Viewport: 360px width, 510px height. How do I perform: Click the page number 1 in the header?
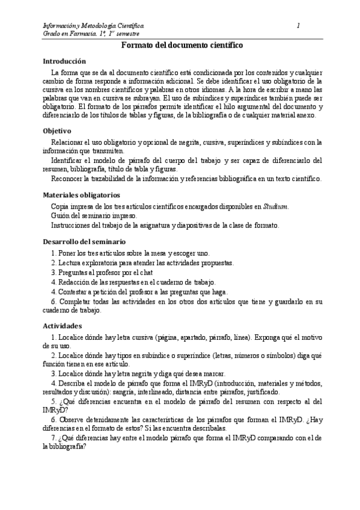(299, 25)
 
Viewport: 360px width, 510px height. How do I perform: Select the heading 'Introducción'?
(65, 61)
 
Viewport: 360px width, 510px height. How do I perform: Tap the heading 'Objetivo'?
(57, 131)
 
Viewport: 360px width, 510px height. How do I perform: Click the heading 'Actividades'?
(63, 324)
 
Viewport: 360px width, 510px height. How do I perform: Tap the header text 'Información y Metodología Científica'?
(93, 25)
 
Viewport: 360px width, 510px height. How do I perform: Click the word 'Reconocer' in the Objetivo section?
(70, 179)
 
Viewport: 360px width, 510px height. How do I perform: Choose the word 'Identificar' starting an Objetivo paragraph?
(70, 160)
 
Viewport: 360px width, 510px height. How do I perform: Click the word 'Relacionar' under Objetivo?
(70, 142)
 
